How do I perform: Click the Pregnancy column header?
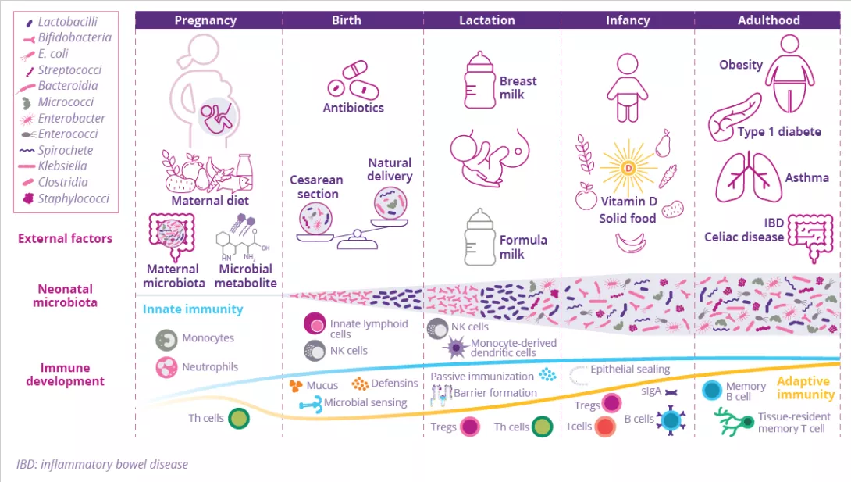pyautogui.click(x=205, y=20)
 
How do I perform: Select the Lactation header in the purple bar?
pyautogui.click(x=487, y=20)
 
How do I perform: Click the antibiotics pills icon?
pyautogui.click(x=354, y=80)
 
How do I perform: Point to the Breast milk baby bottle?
pyautogui.click(x=480, y=80)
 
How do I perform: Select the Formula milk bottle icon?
pyautogui.click(x=480, y=237)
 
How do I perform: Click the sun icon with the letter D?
pyautogui.click(x=628, y=168)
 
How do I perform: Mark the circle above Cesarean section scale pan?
pyautogui.click(x=315, y=219)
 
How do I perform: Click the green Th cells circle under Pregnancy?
pyautogui.click(x=239, y=419)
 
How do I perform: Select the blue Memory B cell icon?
pyautogui.click(x=711, y=391)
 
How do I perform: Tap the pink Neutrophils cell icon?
pyautogui.click(x=166, y=367)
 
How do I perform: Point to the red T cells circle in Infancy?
pyautogui.click(x=604, y=427)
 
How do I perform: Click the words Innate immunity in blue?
pyautogui.click(x=193, y=309)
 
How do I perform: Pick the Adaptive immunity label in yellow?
pyautogui.click(x=806, y=387)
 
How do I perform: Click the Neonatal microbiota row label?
pyautogui.click(x=65, y=296)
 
